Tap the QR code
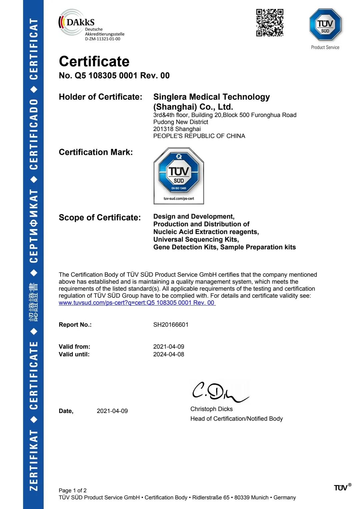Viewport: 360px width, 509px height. point(270,23)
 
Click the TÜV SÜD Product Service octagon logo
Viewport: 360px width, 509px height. point(325,25)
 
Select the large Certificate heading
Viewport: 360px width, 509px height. point(94,62)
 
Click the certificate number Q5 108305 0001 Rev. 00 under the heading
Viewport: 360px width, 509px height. point(114,76)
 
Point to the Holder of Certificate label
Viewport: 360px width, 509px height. point(100,97)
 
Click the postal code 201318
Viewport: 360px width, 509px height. point(163,129)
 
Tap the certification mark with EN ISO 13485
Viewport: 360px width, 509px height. point(179,176)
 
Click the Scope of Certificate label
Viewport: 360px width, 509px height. point(100,218)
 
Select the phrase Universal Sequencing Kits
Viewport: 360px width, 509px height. point(196,240)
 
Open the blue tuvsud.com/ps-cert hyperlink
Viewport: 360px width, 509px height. point(137,303)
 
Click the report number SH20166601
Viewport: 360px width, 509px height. point(171,325)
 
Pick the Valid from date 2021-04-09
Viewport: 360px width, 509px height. point(169,347)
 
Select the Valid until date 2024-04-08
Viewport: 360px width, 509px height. point(169,354)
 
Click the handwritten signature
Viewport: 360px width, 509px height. point(218,392)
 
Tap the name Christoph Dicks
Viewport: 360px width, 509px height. point(211,409)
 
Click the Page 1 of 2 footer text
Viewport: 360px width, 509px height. point(73,490)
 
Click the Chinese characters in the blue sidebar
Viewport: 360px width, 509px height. point(33,303)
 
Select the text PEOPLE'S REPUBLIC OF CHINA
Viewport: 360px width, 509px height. point(199,136)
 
